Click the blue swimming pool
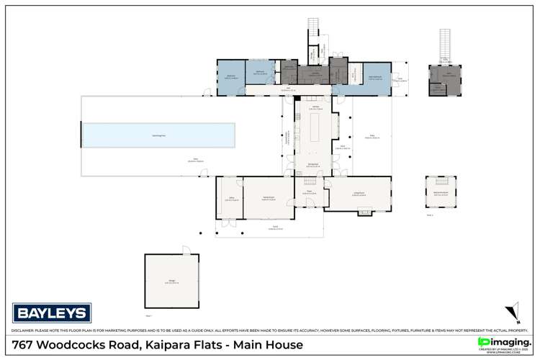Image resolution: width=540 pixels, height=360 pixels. (x=158, y=135)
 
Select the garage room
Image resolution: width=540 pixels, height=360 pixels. (x=171, y=282)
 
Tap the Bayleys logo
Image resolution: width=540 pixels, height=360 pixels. (x=52, y=313)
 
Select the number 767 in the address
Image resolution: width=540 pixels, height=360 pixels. (x=25, y=346)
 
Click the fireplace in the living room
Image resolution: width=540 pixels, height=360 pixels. (x=364, y=212)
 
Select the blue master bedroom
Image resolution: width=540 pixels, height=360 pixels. (x=230, y=78)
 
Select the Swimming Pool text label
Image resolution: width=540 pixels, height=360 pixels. (x=158, y=134)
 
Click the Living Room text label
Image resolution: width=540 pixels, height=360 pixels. (x=358, y=194)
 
